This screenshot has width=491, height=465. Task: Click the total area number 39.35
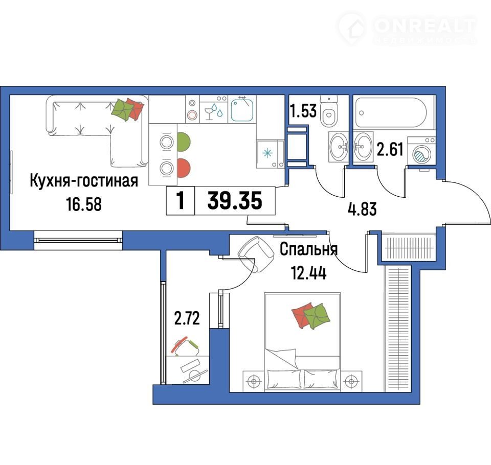(x=235, y=201)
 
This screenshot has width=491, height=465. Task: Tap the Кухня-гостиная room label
(x=84, y=181)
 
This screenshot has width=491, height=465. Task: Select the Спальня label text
(x=309, y=249)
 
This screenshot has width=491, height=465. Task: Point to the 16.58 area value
(x=84, y=204)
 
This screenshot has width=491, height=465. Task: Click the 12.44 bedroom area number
(x=309, y=272)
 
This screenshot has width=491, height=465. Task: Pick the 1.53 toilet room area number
(x=303, y=111)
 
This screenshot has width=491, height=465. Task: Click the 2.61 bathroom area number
(x=390, y=149)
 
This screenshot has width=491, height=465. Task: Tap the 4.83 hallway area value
(x=362, y=208)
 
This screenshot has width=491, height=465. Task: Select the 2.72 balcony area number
(x=187, y=319)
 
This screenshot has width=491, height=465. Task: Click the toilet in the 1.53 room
(x=329, y=111)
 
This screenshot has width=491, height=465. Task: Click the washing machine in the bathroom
(x=421, y=150)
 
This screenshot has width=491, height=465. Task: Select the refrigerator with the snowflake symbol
(x=270, y=154)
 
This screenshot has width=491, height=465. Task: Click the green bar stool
(x=184, y=142)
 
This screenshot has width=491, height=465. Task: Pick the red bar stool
(x=184, y=168)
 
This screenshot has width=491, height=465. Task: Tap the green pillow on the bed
(x=317, y=316)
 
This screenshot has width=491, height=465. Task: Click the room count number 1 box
(x=181, y=201)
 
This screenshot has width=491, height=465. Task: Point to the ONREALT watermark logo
(x=407, y=29)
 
